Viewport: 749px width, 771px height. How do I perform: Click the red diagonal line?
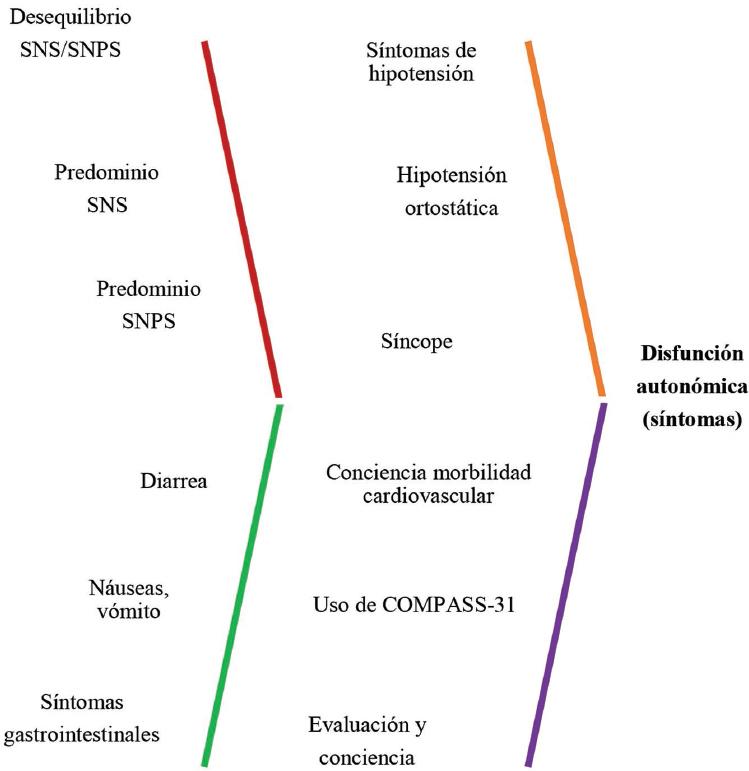tap(241, 220)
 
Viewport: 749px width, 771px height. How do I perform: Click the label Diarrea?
tap(173, 480)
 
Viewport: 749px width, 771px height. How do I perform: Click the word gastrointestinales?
tap(96, 735)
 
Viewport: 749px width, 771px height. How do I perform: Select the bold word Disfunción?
tap(691, 354)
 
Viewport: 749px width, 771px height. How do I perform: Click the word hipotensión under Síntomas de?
tap(420, 74)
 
